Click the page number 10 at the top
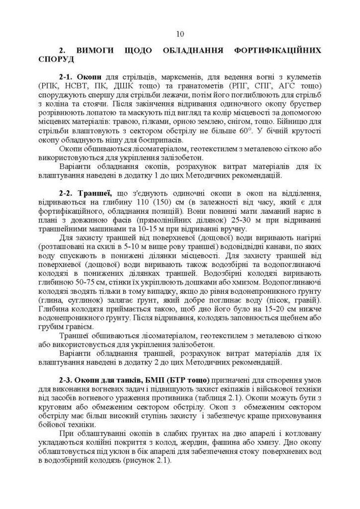tap(180, 35)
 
